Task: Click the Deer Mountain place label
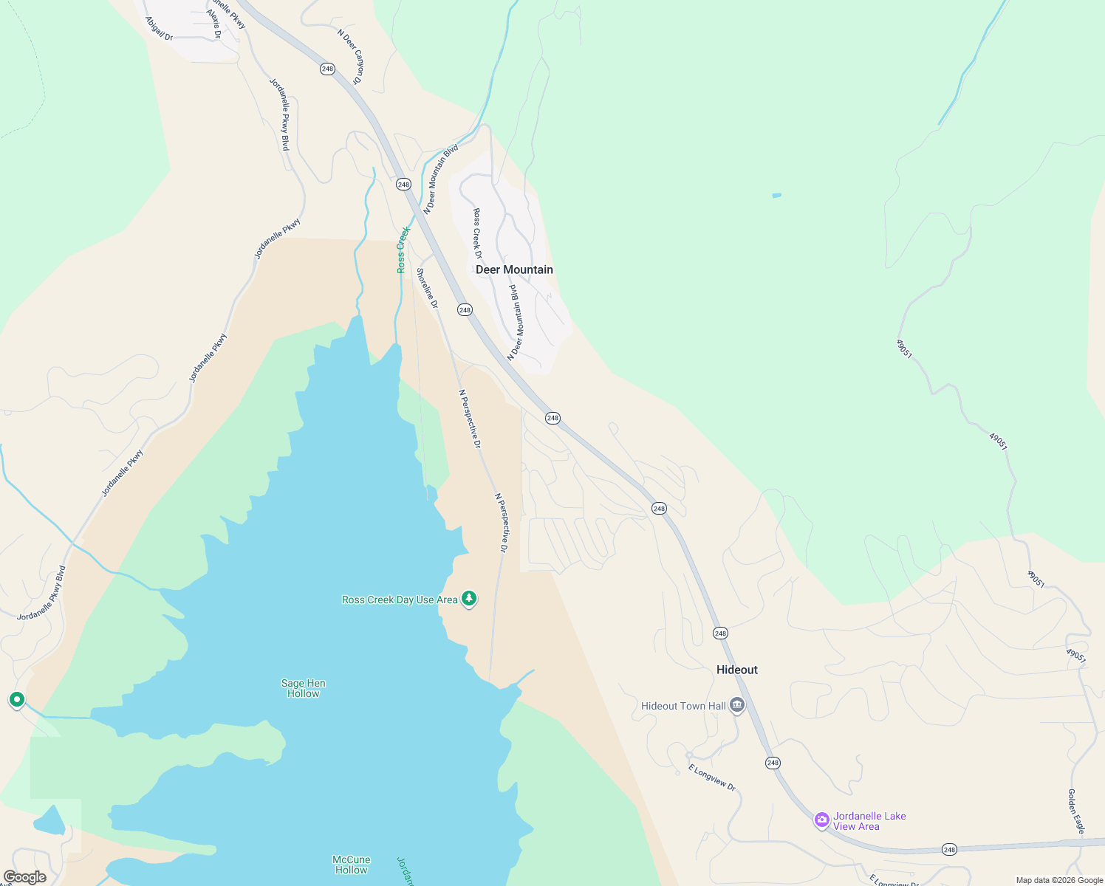514,269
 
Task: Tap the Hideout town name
736,670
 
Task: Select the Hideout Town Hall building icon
736,705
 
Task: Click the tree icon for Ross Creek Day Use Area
468,599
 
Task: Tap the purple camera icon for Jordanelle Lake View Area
821,820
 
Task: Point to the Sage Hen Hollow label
303,688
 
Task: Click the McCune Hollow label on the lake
351,865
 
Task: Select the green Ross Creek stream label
403,250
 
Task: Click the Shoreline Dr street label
427,289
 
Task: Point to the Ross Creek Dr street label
477,233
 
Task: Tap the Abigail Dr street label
159,29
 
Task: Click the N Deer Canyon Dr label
351,56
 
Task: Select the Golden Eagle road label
1075,811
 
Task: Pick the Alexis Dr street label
213,24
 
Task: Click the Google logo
24,877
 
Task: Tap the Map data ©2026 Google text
1058,880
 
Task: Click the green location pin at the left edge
17,699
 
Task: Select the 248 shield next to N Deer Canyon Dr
327,69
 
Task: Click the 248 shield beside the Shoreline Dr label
465,310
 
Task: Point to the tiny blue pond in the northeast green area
776,196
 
